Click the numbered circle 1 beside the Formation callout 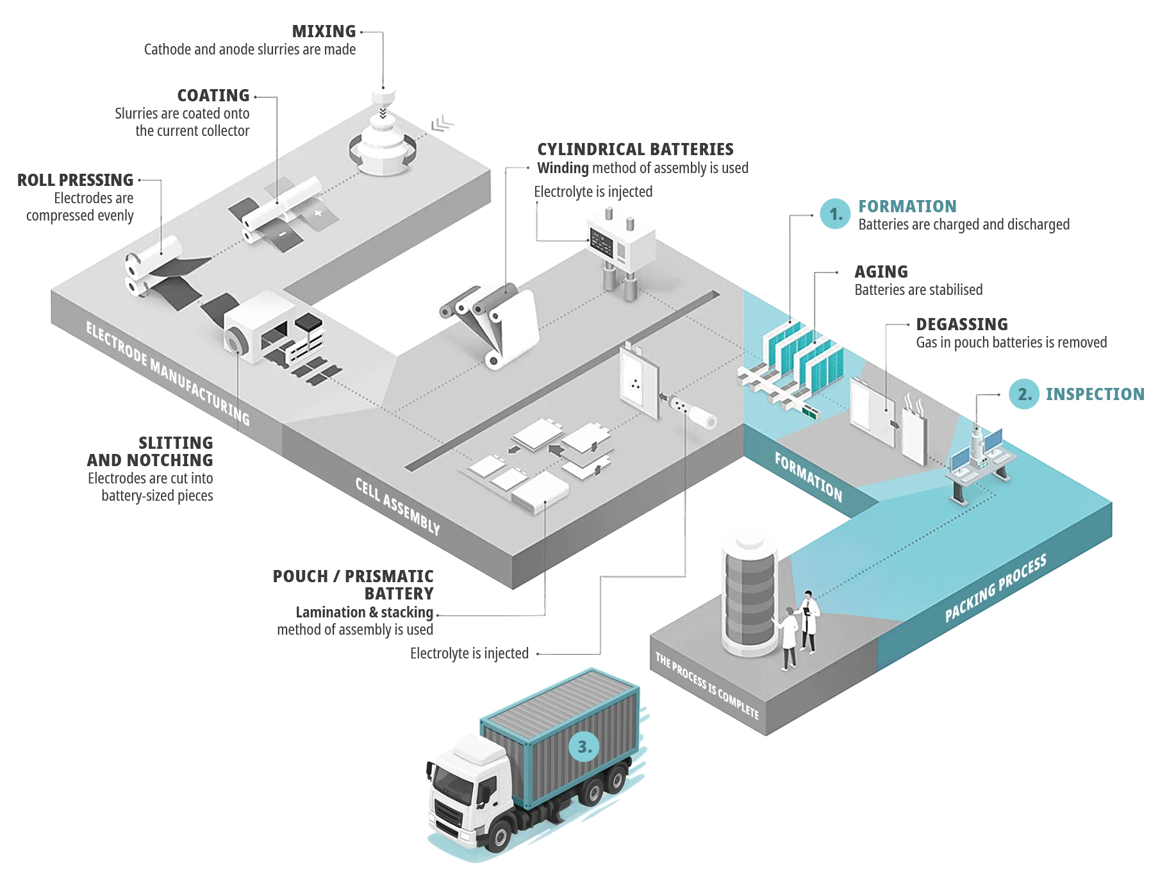pos(835,214)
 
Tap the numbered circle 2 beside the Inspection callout pos(1024,394)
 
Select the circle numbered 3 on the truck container pos(584,747)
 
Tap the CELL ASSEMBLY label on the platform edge pos(398,506)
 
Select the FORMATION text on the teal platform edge pos(808,476)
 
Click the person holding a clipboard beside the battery pos(809,621)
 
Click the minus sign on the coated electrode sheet pos(282,234)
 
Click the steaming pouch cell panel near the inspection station pos(915,430)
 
